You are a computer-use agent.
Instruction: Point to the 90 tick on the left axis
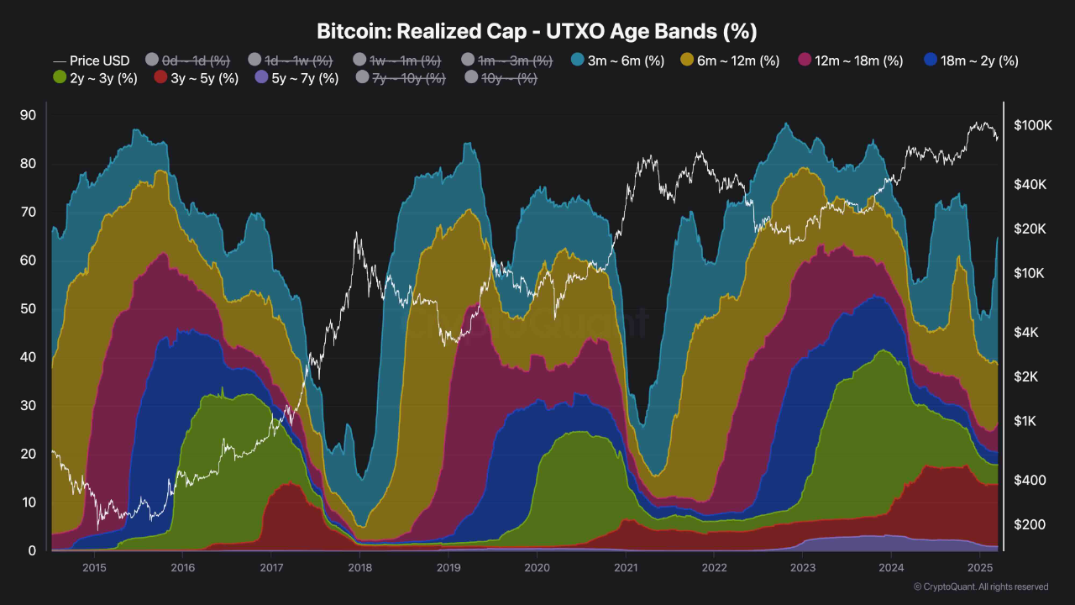[28, 115]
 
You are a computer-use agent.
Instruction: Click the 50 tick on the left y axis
[28, 309]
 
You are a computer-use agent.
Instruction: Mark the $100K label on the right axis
[1032, 125]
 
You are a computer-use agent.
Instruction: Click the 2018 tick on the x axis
[359, 567]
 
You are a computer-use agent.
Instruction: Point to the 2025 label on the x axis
[980, 567]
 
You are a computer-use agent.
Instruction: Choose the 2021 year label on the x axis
[625, 567]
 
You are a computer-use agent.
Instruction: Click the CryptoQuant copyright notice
[980, 587]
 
